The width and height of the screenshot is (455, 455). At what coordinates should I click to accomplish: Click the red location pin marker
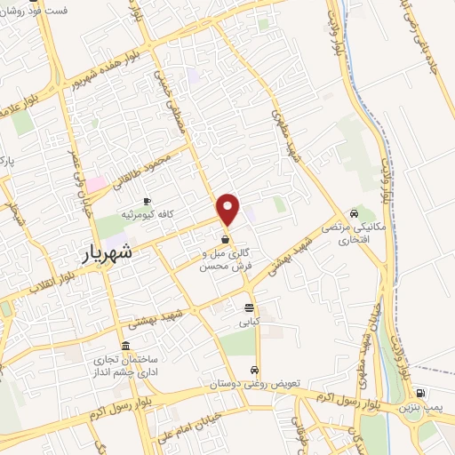tap(229, 208)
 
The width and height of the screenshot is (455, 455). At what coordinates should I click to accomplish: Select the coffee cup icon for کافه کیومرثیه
tap(147, 201)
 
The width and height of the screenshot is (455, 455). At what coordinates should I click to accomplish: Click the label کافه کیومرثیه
tap(146, 215)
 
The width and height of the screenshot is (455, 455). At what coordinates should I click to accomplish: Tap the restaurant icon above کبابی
tap(251, 308)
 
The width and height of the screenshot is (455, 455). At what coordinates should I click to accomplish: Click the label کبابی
tap(250, 323)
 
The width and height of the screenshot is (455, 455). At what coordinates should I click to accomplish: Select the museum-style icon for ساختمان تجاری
tap(124, 345)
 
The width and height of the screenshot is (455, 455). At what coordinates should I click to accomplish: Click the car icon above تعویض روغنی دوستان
tap(255, 370)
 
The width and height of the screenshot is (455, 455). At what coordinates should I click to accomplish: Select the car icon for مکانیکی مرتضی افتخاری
tap(354, 213)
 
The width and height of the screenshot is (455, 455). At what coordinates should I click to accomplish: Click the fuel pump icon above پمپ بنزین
tap(419, 393)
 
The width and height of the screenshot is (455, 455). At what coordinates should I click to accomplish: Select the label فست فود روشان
tap(36, 8)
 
